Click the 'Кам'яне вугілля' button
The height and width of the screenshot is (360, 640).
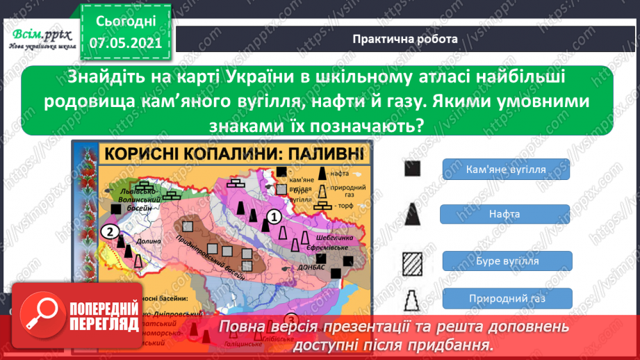click(505, 169)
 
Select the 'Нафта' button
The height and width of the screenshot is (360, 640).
click(505, 214)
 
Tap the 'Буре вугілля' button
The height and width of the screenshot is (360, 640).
click(505, 261)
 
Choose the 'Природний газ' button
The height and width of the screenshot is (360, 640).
click(505, 299)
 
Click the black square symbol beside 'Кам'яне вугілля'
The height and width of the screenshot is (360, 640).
click(413, 169)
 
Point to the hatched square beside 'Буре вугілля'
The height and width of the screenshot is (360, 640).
click(413, 262)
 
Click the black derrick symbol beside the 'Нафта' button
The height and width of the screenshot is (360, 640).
click(413, 213)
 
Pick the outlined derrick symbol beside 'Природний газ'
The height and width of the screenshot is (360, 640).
click(413, 302)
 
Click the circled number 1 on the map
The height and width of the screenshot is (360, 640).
click(274, 217)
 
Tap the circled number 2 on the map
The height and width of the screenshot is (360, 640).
click(109, 232)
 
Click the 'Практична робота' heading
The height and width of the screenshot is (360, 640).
click(405, 39)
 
